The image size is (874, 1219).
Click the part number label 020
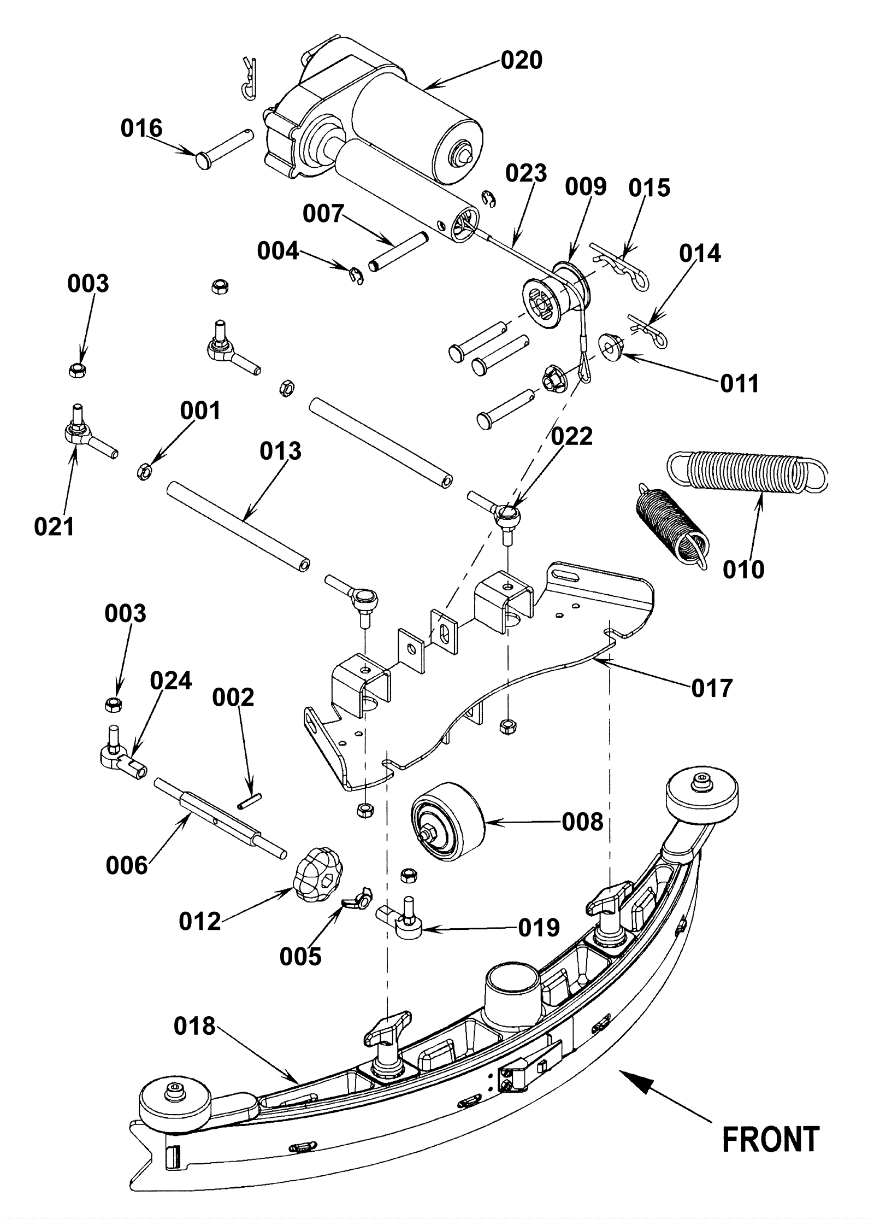(521, 60)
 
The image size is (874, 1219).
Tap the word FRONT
(771, 1139)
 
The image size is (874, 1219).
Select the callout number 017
(711, 688)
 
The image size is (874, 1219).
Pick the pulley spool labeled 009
(556, 295)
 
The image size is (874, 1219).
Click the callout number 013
(280, 452)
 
